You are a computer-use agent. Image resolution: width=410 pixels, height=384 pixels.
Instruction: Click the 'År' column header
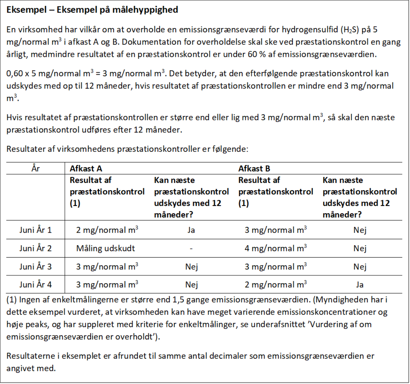[x=35, y=169]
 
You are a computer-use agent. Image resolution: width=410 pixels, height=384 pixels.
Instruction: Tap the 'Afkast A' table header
[x=86, y=169]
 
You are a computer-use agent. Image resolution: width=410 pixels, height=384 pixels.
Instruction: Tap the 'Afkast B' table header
[x=254, y=169]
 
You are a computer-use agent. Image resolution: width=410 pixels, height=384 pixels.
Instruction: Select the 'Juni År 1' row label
[x=35, y=230]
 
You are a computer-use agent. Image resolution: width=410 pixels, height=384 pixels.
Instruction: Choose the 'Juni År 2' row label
[x=35, y=248]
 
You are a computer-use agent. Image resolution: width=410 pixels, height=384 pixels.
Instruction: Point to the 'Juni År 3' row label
[x=35, y=267]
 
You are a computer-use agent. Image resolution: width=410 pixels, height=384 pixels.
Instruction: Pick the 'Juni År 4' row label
[x=35, y=285]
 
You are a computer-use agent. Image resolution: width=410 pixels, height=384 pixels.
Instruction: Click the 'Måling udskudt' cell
[x=106, y=248]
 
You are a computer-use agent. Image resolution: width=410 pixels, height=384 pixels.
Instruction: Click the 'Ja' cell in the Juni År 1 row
[x=191, y=230]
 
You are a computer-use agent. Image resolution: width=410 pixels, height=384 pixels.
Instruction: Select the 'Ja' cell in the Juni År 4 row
[x=360, y=285]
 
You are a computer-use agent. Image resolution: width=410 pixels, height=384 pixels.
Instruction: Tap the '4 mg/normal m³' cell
[x=276, y=248]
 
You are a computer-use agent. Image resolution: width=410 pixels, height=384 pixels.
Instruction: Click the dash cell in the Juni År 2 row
[x=191, y=248]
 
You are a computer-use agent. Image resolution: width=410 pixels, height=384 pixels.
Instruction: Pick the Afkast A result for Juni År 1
[x=107, y=230]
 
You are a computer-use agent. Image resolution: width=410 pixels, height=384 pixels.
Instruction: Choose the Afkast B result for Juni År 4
[x=276, y=285]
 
